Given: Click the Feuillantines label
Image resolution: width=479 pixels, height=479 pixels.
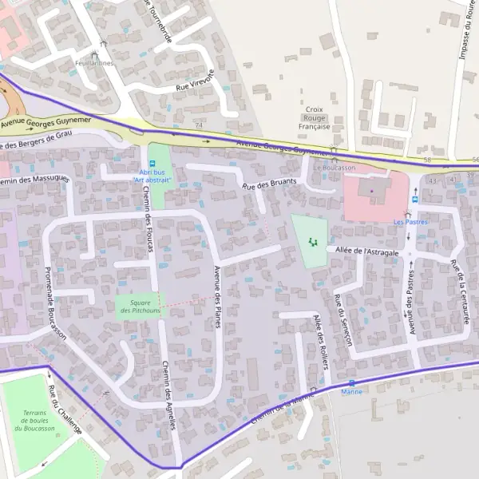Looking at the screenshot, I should coord(93,62).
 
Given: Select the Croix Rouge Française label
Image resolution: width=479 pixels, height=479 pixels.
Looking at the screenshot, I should coord(314,117).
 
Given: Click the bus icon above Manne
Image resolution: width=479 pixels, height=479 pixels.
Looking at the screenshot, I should coord(351,383).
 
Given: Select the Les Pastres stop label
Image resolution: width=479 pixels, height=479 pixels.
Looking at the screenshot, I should coord(411,222).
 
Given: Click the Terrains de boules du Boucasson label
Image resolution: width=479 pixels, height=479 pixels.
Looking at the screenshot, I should coord(34,421).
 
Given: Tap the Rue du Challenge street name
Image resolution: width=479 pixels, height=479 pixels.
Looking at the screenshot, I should coord(65,410).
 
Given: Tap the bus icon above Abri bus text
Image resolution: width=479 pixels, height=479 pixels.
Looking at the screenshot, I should coord(152,164).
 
